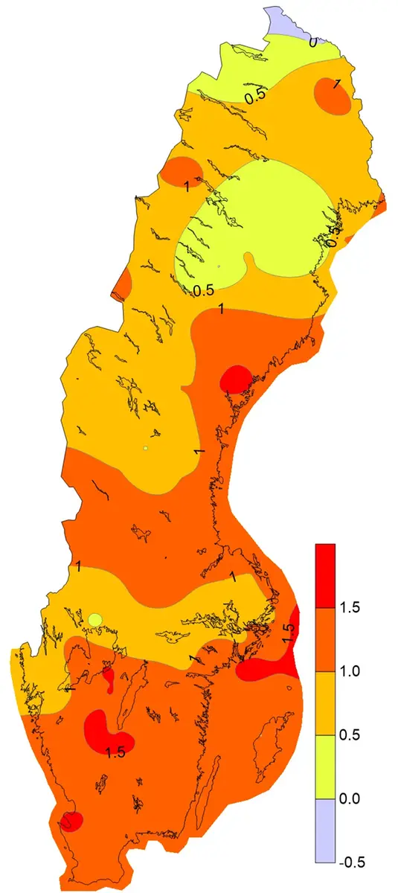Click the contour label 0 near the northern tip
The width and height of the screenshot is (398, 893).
click(312, 42)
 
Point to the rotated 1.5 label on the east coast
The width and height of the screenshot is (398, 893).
click(289, 634)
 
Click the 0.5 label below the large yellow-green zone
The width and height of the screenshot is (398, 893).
click(203, 289)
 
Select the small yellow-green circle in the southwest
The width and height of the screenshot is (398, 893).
click(94, 619)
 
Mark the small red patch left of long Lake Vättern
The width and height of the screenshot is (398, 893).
click(109, 677)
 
